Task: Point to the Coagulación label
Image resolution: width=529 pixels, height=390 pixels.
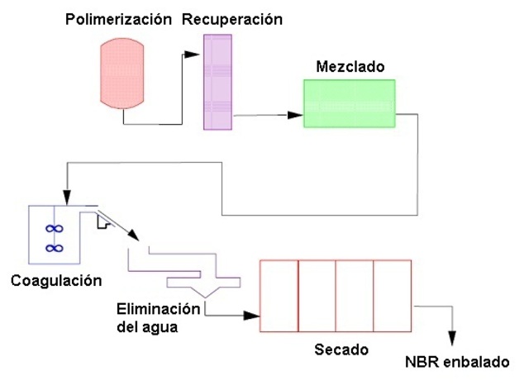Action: pyautogui.click(x=56, y=281)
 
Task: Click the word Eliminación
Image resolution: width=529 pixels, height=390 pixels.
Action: pyautogui.click(x=158, y=309)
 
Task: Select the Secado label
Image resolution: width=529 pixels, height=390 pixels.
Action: pyautogui.click(x=341, y=350)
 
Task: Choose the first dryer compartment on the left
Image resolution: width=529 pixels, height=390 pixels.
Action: pyautogui.click(x=279, y=296)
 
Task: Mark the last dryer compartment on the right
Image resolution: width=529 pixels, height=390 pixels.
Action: pyautogui.click(x=393, y=296)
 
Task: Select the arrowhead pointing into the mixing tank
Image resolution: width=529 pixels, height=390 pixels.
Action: pyautogui.click(x=294, y=115)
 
